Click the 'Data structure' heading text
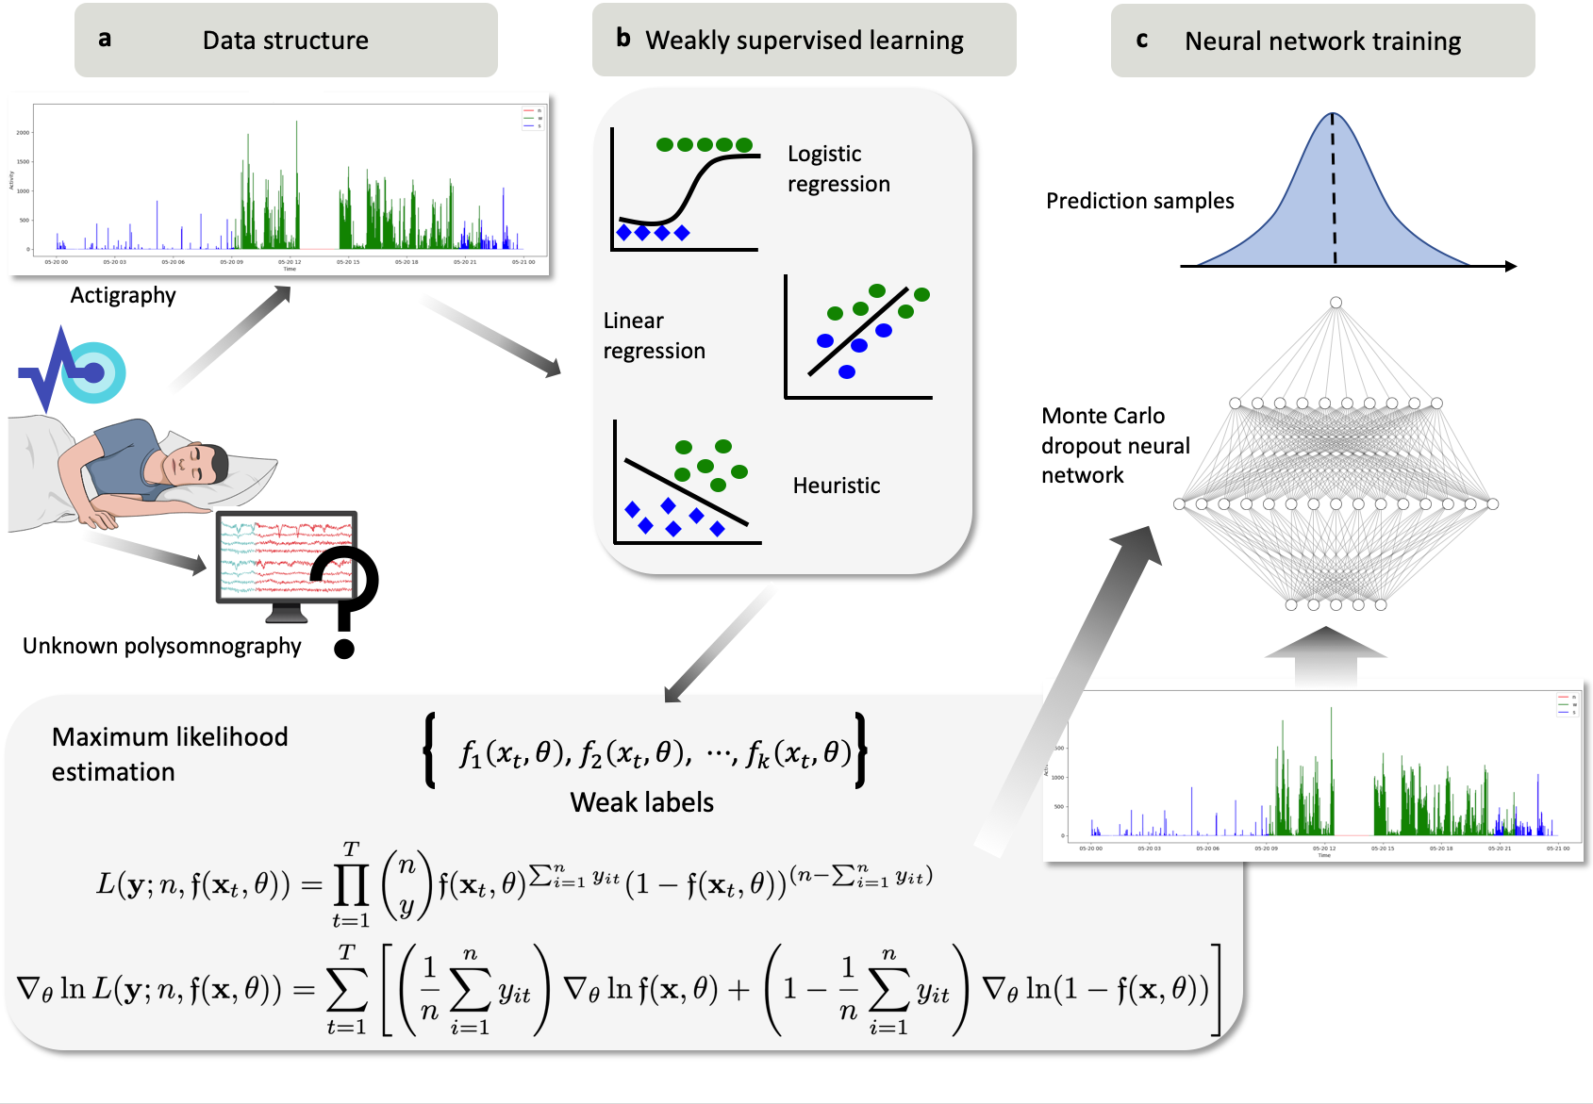tap(285, 41)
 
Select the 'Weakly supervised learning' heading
tap(804, 41)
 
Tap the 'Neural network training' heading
tap(1322, 41)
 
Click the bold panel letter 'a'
tap(105, 39)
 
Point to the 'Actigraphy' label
tap(123, 295)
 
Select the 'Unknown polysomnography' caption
tap(162, 646)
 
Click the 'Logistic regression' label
tap(838, 169)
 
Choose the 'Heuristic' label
tap(837, 486)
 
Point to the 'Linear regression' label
tap(654, 336)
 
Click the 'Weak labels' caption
tap(641, 802)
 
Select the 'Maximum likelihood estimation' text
tap(170, 754)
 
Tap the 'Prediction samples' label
tap(1139, 201)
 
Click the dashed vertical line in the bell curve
tap(1334, 189)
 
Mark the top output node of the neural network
tap(1336, 303)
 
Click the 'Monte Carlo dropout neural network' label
tap(1115, 445)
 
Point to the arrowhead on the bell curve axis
tap(1510, 266)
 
